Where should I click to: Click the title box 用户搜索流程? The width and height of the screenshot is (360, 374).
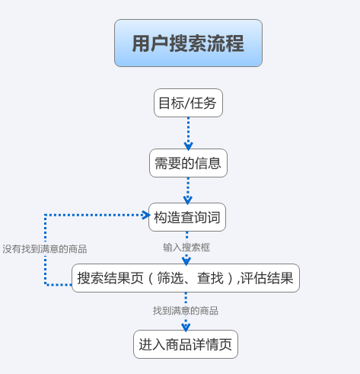pos(188,43)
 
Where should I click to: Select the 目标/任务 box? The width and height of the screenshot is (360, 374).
pos(188,103)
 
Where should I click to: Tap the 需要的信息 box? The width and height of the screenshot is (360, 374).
pos(188,163)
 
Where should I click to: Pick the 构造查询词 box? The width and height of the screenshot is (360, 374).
pos(187,217)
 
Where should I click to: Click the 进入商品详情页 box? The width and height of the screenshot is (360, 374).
pos(186,344)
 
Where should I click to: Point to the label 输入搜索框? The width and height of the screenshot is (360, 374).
pos(186,248)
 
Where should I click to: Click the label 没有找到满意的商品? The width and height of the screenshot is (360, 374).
pos(45,249)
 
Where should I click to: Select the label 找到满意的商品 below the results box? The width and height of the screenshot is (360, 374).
pos(186,311)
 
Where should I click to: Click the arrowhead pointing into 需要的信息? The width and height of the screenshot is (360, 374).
pos(188,146)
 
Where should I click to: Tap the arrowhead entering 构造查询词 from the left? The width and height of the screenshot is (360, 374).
pos(146,215)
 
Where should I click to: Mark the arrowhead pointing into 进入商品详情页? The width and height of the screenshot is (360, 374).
pos(186,328)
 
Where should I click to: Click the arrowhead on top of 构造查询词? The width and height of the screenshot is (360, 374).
pos(187,200)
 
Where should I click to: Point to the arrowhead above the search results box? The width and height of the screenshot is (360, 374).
pos(186,261)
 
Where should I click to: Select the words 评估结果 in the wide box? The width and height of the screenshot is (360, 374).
pos(267,278)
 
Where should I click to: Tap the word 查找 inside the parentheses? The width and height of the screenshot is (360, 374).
pos(211,278)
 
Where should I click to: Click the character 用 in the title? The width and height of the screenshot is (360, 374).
pos(142,43)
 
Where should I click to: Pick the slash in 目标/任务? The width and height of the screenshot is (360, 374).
pos(187,103)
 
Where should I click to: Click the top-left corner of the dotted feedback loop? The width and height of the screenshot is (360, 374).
pos(45,215)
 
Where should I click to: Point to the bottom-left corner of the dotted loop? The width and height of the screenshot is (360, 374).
pos(45,285)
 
